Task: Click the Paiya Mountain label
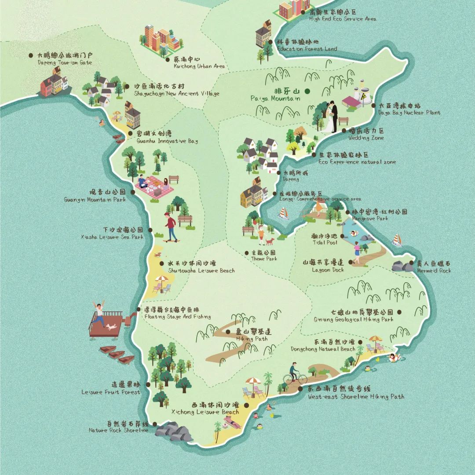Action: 281,95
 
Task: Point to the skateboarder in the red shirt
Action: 170,227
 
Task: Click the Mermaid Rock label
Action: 433,267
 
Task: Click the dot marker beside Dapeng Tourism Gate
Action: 31,55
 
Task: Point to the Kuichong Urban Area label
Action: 193,62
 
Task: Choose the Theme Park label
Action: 263,256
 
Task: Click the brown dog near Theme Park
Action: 269,241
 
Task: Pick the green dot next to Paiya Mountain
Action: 307,91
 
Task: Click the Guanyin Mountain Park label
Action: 95,196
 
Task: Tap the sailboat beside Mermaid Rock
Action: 397,240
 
